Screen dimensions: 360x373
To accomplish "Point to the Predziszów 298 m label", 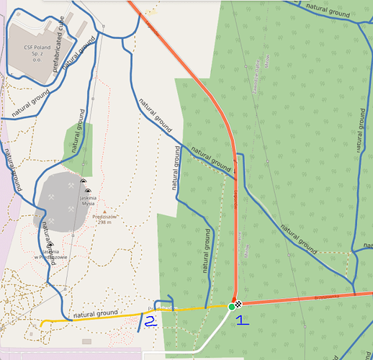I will [105, 219].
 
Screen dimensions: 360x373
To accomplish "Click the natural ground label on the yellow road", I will [96, 313].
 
